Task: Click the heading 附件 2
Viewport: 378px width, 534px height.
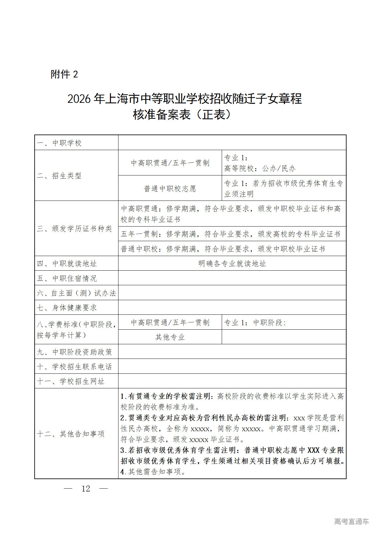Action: click(64, 74)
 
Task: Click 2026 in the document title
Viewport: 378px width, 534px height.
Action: click(79, 99)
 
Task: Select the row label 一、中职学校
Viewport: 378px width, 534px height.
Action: click(59, 143)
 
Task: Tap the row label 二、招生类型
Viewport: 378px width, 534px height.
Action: click(59, 175)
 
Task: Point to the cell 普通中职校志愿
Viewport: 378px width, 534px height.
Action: click(170, 189)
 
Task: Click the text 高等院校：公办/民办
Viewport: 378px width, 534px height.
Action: click(260, 168)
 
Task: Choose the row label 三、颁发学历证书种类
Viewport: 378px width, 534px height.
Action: click(75, 228)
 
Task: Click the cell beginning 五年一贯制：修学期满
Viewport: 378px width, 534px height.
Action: click(230, 234)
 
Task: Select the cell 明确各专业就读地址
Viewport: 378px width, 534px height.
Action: click(232, 264)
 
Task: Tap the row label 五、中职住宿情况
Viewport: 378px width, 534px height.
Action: click(67, 278)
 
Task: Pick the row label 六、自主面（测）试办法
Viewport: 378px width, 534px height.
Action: click(76, 293)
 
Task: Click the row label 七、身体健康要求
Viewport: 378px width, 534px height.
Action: click(67, 308)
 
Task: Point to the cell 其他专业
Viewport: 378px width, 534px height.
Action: click(170, 337)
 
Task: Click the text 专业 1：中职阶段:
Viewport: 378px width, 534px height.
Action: click(255, 323)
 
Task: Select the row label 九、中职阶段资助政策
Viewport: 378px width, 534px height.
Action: click(75, 352)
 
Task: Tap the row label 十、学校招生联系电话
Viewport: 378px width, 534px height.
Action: click(75, 367)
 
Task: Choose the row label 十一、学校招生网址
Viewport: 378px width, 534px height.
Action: click(71, 381)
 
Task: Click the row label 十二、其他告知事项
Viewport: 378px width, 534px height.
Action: click(71, 434)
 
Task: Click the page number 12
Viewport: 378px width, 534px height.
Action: click(86, 489)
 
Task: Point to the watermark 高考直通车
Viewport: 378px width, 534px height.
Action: click(351, 521)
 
